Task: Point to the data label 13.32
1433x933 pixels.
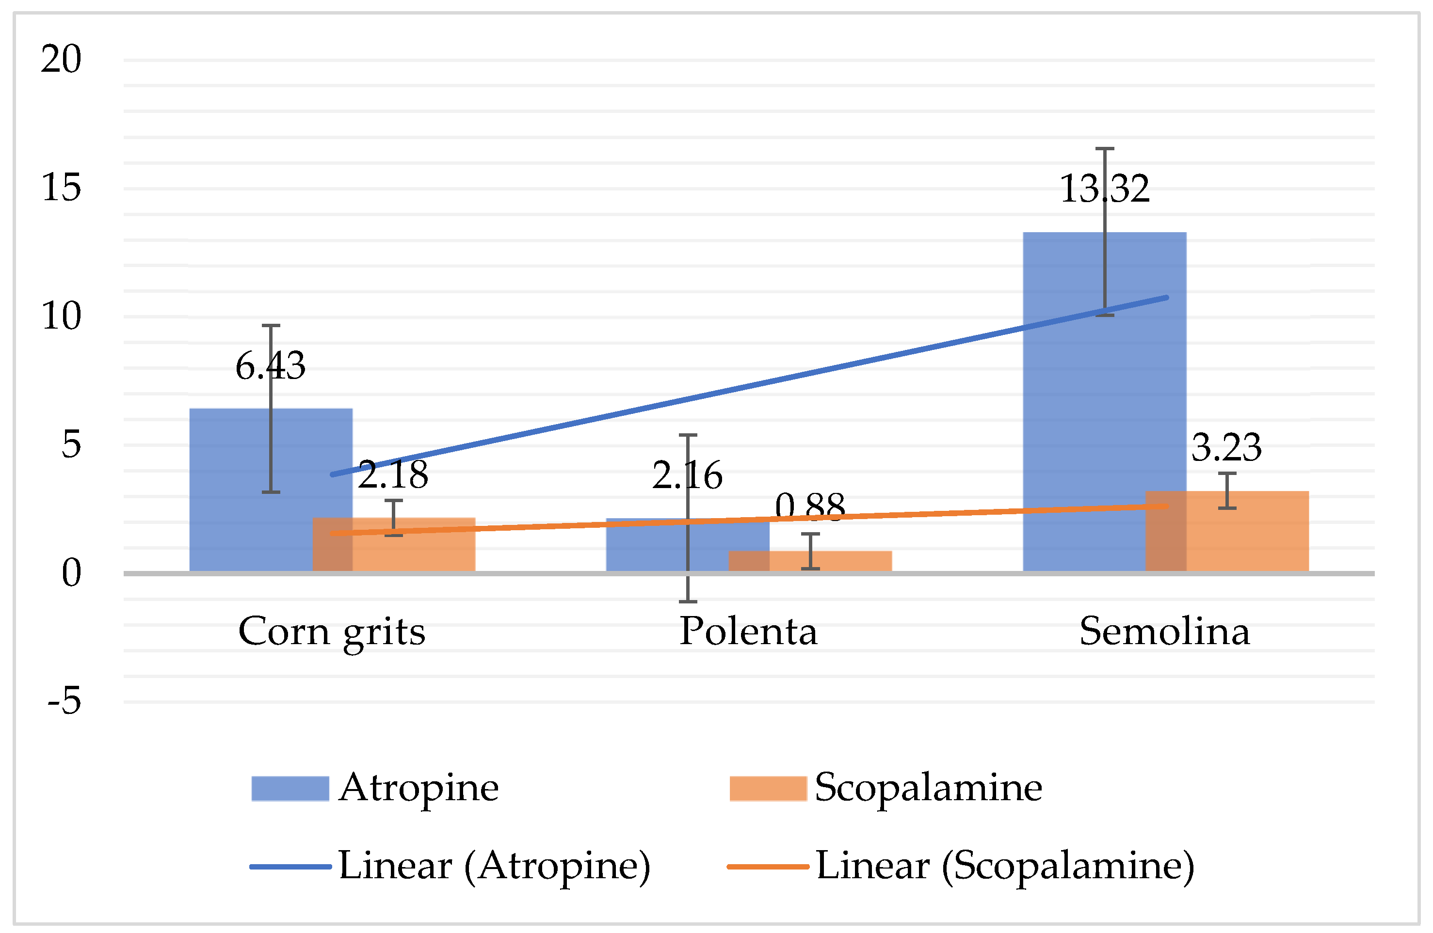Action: (1104, 189)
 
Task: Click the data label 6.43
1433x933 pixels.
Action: (270, 366)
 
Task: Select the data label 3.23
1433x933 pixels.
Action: (1226, 448)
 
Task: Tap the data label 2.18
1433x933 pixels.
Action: (393, 475)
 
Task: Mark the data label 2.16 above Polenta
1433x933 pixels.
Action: (687, 475)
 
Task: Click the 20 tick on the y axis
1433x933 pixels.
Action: (61, 60)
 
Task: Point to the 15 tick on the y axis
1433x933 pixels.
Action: (61, 188)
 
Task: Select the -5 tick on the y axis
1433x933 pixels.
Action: (64, 701)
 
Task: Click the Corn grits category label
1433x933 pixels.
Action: (332, 633)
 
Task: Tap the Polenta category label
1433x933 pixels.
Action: (748, 632)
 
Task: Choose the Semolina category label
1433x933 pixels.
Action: (1164, 632)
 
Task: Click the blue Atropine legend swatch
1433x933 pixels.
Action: (290, 789)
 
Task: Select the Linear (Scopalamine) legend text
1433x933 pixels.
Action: (1005, 866)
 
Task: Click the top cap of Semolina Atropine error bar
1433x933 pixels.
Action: (1104, 149)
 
